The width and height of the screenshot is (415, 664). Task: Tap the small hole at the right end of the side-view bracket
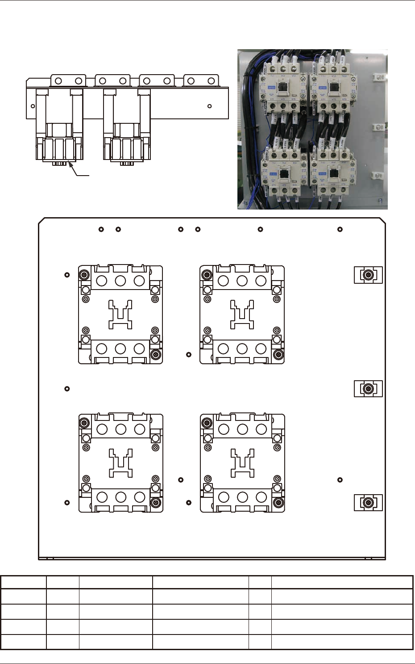210,106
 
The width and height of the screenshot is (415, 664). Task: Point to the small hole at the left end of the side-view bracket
33,106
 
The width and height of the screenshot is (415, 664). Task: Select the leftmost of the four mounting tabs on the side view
68,80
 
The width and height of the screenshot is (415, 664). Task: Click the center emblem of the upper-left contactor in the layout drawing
120,315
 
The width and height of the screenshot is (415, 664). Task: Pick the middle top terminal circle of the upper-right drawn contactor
242,281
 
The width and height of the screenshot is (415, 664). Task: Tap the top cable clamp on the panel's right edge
368,275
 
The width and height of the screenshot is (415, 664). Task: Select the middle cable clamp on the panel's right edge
368,389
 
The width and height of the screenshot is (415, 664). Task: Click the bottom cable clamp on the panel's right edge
368,503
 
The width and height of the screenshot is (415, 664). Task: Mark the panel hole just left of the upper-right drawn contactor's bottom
189,354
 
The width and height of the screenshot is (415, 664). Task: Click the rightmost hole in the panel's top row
340,229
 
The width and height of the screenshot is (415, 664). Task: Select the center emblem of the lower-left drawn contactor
121,463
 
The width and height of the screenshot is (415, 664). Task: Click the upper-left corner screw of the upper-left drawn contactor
83,274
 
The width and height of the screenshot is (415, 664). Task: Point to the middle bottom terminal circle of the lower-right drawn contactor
243,497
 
